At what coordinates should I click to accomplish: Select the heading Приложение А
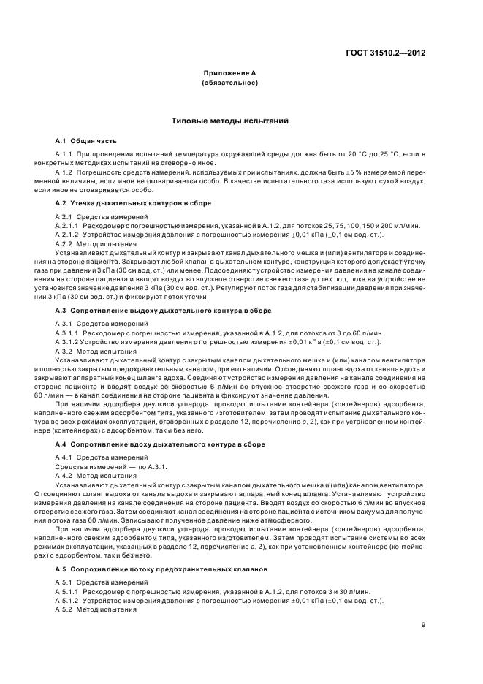click(229, 75)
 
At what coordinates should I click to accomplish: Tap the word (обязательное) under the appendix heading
click(229, 83)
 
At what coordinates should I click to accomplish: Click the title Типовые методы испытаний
click(229, 118)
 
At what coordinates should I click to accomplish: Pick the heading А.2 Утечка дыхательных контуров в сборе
click(133, 202)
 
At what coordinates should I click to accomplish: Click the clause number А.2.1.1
click(69, 225)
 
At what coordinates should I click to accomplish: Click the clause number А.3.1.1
click(69, 333)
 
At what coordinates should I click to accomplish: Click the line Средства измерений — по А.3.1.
click(102, 467)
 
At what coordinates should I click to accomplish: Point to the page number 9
click(424, 624)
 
